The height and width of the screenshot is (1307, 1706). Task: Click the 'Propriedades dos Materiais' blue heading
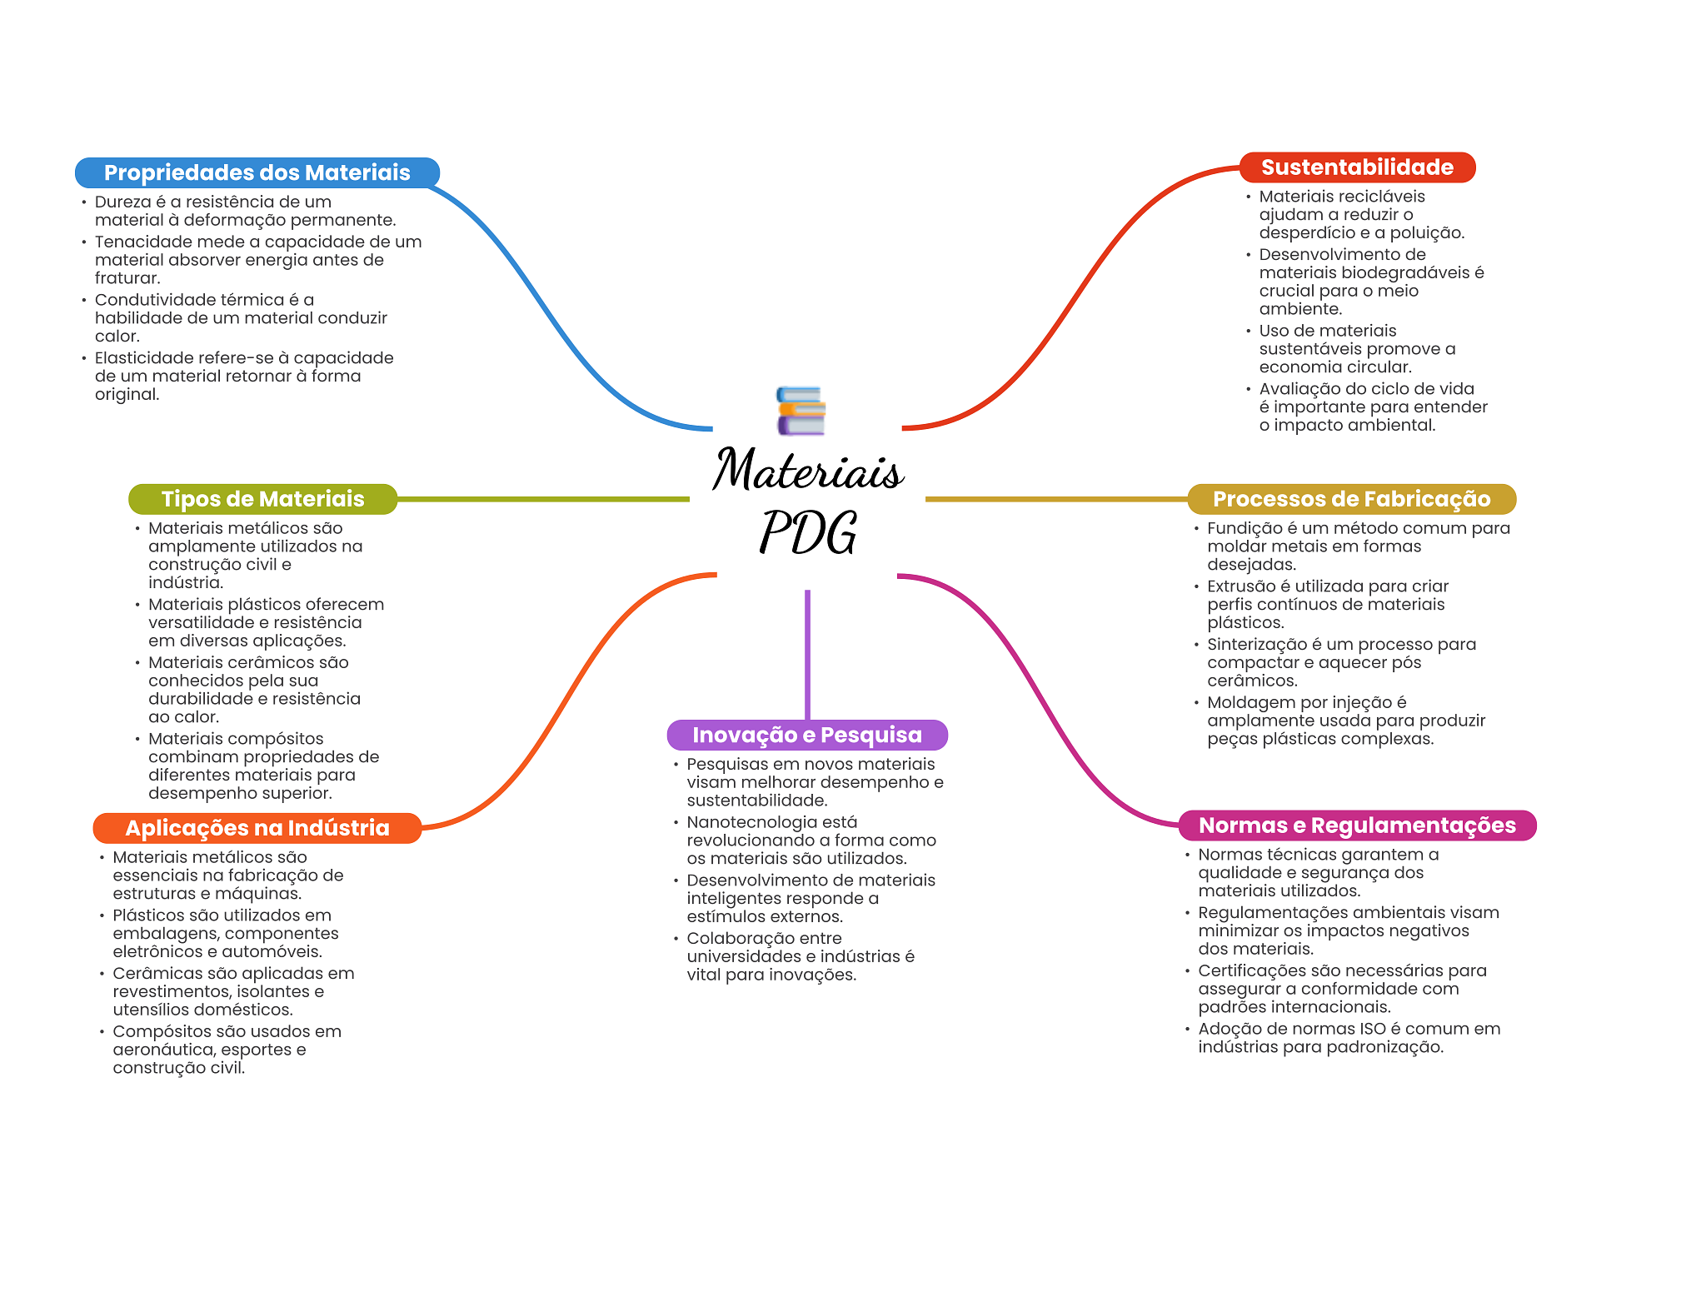click(257, 172)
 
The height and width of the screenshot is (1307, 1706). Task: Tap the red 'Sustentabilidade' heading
click(1357, 167)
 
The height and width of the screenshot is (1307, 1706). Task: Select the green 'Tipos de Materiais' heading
click(262, 499)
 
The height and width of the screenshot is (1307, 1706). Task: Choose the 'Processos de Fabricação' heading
click(1351, 499)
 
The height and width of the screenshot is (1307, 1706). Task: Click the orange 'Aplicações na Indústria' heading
click(257, 828)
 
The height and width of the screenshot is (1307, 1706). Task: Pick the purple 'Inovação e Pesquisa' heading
click(807, 735)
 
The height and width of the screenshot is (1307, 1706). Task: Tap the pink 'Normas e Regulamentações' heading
click(1357, 826)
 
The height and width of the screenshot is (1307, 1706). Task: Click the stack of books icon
click(801, 411)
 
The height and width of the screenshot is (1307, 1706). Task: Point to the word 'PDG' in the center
click(808, 533)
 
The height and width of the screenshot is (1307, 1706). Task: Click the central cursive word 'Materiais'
click(808, 471)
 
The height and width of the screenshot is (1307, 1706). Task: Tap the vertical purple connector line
click(807, 654)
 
